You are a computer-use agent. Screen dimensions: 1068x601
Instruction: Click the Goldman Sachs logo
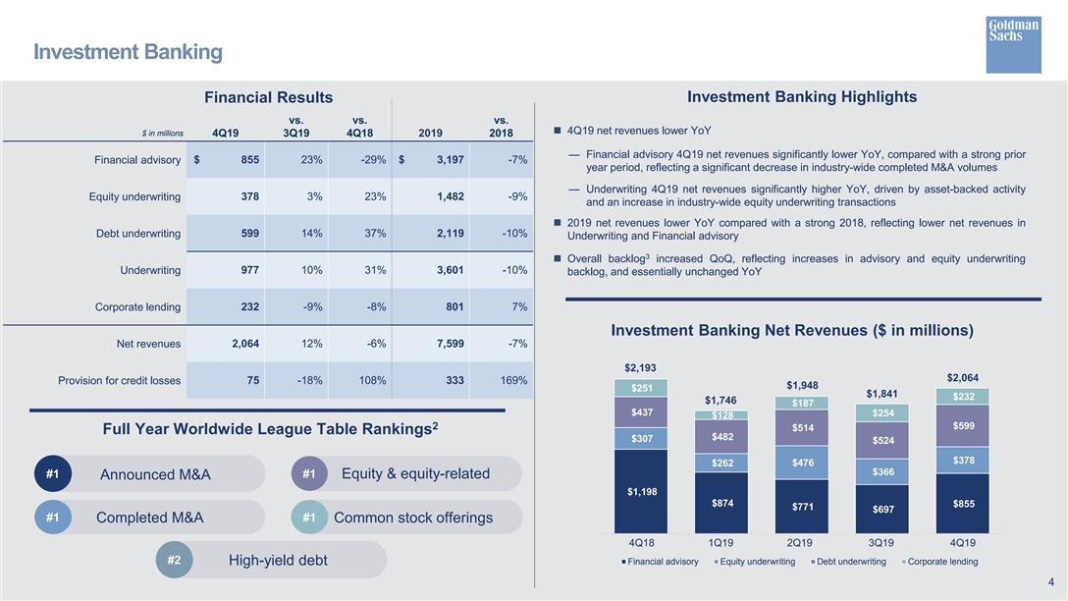coord(1013,44)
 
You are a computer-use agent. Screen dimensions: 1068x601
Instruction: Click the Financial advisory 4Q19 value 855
coord(250,159)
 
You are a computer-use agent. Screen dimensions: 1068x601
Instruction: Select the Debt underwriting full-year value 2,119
coord(451,233)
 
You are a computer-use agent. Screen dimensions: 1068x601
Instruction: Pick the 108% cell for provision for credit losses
coord(373,380)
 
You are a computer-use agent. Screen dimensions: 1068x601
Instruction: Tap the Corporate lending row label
coord(137,306)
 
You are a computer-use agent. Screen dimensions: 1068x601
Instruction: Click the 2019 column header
coord(431,133)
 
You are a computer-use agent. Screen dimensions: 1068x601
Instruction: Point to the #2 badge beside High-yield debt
coord(175,560)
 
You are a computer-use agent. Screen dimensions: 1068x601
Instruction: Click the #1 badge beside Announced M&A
coord(53,473)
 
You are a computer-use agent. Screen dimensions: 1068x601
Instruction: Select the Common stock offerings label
coord(412,518)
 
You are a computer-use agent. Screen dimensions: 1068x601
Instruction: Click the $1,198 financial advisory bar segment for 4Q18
coord(641,491)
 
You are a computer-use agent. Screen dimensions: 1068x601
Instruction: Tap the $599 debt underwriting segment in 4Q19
coord(962,426)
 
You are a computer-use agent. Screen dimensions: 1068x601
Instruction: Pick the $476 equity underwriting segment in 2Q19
coord(802,463)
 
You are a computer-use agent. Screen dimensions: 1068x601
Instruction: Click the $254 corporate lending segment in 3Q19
coord(882,412)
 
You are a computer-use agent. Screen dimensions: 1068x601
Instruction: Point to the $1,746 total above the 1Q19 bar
coord(721,400)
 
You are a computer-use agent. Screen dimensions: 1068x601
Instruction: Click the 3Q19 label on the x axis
coord(881,543)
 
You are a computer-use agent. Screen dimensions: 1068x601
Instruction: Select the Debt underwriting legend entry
coord(848,562)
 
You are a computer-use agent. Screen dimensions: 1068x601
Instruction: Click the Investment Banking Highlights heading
coord(802,97)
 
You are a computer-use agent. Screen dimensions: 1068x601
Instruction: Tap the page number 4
coord(1051,582)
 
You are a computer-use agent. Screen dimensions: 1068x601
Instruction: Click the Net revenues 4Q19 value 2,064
coord(245,344)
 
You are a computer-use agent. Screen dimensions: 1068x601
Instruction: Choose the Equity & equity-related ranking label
coord(415,473)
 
